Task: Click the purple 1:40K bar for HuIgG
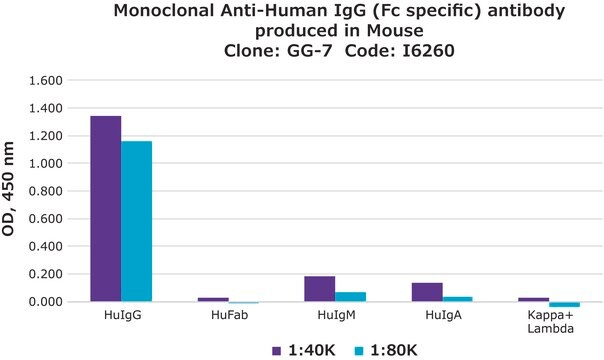click(106, 208)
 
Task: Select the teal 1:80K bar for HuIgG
click(136, 221)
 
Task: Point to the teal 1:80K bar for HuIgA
click(457, 298)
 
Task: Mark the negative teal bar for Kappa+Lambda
click(564, 304)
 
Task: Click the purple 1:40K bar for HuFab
click(213, 299)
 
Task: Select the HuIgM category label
click(335, 316)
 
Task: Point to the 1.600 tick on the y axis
click(46, 80)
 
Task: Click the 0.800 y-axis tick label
click(46, 191)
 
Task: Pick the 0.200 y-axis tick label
click(46, 274)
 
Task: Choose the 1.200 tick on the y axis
click(46, 135)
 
